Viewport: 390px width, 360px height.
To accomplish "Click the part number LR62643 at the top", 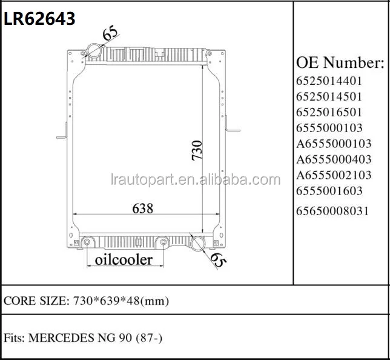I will [x=40, y=19].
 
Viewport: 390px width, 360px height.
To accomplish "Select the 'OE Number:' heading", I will [x=340, y=62].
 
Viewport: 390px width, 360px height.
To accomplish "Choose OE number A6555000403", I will [x=333, y=159].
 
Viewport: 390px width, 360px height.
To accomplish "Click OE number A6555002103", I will [x=333, y=175].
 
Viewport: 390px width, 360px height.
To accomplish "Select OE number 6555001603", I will [x=329, y=191].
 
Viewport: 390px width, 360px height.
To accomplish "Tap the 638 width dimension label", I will [x=143, y=207].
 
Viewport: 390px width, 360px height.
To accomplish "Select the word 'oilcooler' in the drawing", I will [x=123, y=260].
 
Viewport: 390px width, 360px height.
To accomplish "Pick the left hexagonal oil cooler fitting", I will [x=87, y=243].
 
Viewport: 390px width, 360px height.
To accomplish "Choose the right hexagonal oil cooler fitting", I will [x=163, y=243].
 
